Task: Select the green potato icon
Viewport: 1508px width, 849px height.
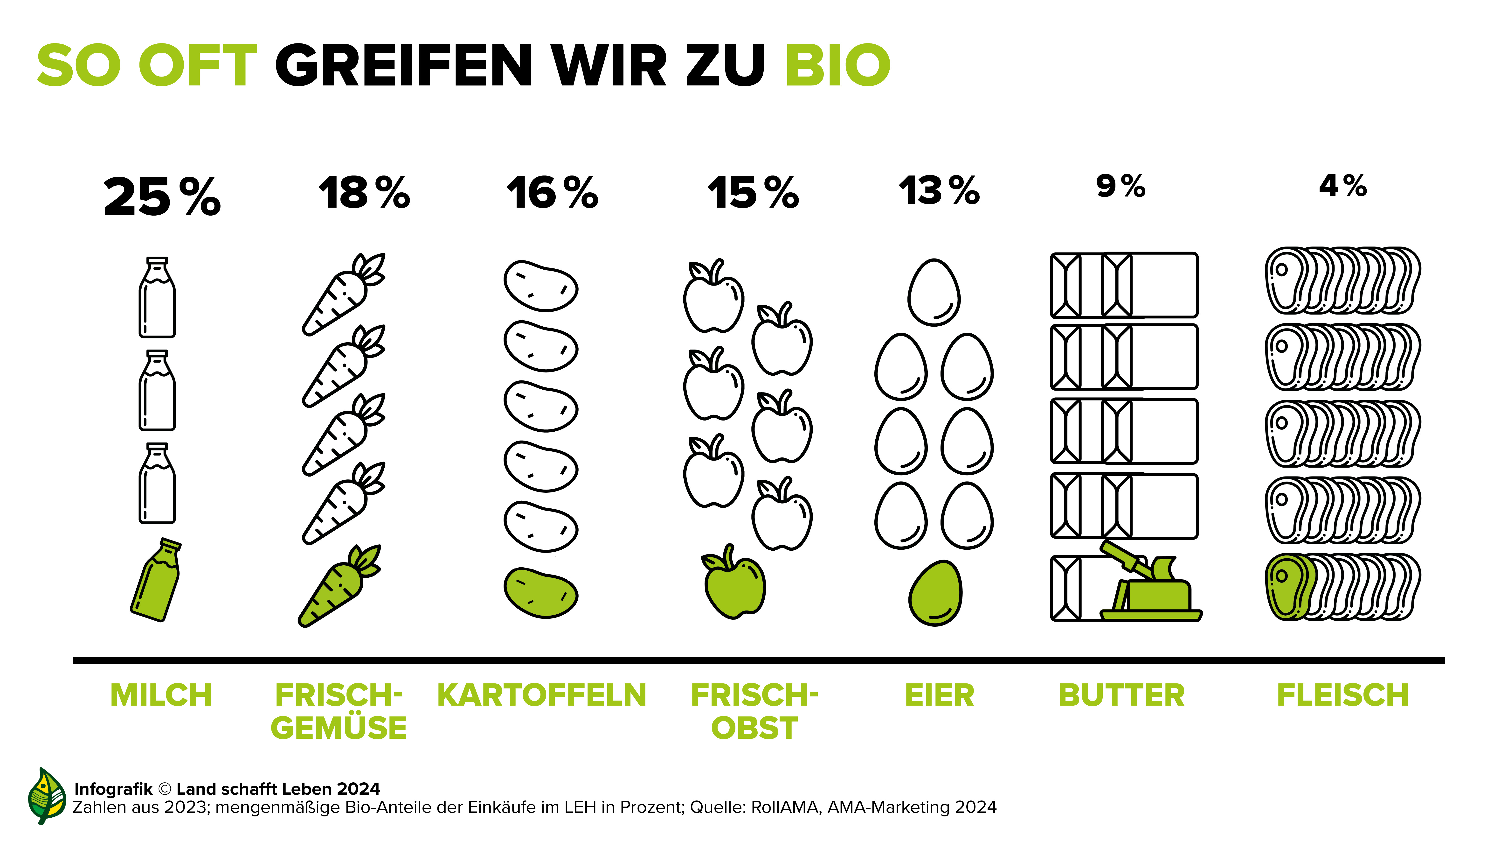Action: point(540,593)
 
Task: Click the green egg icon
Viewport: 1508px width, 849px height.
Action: point(935,593)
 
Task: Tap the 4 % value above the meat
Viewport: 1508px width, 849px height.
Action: point(1343,186)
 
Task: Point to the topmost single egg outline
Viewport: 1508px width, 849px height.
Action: point(934,292)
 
